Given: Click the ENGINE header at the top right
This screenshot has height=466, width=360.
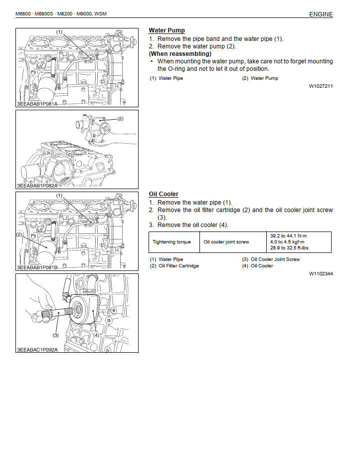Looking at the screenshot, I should point(321,14).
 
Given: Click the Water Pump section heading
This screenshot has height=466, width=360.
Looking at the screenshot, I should point(167,30).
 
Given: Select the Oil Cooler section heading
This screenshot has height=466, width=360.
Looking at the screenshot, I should point(163,194).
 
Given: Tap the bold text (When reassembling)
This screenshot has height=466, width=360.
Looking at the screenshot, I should point(180,54).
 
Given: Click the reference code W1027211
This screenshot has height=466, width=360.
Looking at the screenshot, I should point(321,86).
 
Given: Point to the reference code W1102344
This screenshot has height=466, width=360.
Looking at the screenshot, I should point(321,273).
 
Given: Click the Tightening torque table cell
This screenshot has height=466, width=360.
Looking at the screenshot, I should point(172,242).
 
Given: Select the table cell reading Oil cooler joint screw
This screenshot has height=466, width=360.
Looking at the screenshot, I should point(226,242).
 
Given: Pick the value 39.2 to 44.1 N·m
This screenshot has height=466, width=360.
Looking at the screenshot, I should point(289,235).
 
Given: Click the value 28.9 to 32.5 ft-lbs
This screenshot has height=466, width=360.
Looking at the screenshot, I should point(290,248).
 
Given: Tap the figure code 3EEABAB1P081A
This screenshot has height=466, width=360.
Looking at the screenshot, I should point(37,104).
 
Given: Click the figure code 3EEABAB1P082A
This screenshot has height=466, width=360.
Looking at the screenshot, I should point(37,185).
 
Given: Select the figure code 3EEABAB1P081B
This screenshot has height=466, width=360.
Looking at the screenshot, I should point(37,268).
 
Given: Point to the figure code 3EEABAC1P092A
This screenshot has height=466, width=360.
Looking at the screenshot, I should point(37,350).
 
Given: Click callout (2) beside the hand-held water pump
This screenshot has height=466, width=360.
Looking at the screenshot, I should point(120,119).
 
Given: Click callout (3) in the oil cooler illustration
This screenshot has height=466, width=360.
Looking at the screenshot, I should point(56,336).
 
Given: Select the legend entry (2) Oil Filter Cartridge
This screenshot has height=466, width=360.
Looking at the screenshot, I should point(174,266).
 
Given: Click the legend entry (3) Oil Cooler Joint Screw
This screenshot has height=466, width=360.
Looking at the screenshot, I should point(271,259).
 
